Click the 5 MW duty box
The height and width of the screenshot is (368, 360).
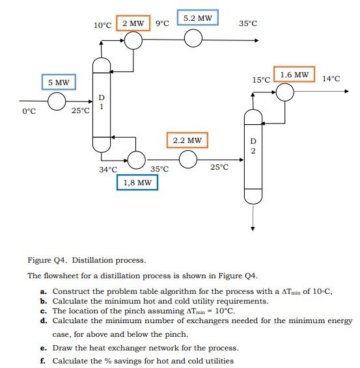point(58,83)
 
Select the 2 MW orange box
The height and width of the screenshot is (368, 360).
point(133,23)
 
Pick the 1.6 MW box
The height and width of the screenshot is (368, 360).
point(294,75)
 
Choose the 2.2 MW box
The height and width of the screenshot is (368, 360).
point(187,140)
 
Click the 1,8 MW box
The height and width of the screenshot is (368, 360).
point(137,183)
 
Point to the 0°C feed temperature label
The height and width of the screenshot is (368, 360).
point(29,111)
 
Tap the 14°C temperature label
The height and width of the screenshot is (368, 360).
point(331,79)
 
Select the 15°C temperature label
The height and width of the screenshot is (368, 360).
point(261,80)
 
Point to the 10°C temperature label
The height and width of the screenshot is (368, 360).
point(102,25)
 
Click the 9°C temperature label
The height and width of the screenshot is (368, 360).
point(162,23)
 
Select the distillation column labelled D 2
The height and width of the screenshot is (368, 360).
point(253,156)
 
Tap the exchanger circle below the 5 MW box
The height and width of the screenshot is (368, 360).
point(57,101)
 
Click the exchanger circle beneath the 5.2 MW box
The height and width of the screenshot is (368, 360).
point(193,39)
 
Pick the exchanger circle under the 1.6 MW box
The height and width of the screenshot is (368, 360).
point(284,92)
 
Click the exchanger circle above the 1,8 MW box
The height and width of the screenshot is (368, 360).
point(136,159)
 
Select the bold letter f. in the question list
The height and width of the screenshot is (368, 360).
point(43,361)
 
